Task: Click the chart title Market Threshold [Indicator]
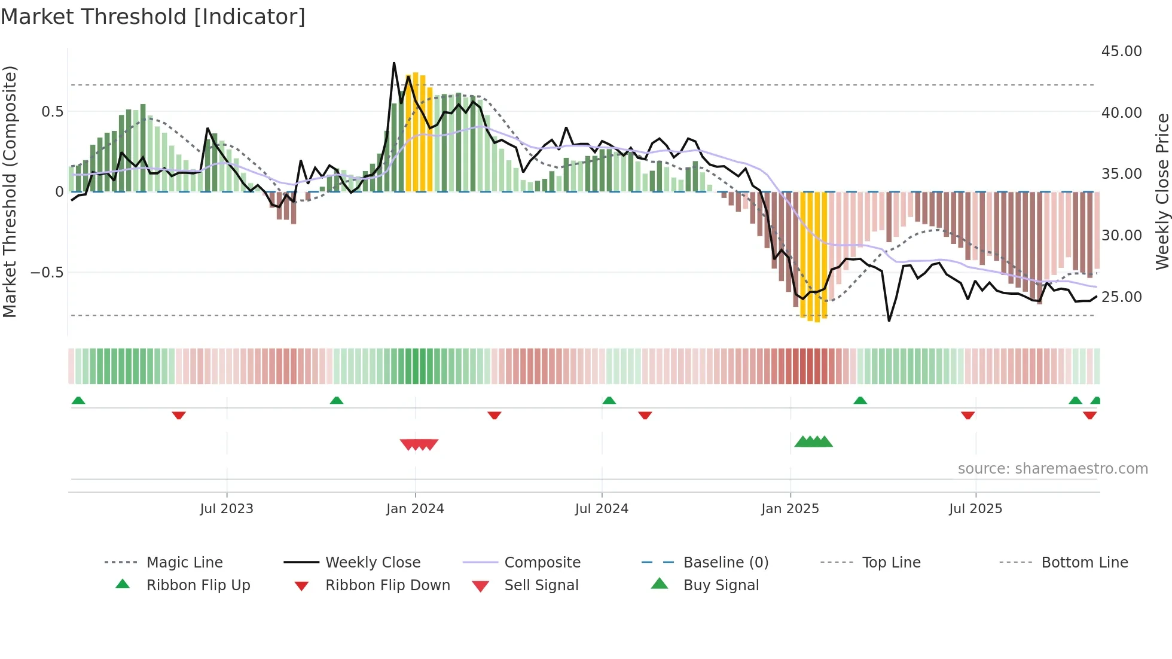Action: [153, 17]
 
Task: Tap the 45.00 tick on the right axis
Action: [1121, 51]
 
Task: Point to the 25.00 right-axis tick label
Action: [1121, 297]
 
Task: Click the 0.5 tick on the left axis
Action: [52, 112]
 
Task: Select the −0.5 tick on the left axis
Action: [47, 273]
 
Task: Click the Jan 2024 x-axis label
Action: [415, 509]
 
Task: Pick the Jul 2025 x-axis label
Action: [975, 509]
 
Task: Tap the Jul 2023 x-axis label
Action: [227, 509]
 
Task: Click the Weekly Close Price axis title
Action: [1162, 191]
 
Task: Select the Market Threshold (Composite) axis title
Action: [10, 191]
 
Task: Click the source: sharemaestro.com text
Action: [1052, 469]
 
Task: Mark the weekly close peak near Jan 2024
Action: [394, 63]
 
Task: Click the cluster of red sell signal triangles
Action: [419, 444]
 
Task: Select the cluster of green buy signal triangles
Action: [813, 442]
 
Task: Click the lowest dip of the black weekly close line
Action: [889, 321]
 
